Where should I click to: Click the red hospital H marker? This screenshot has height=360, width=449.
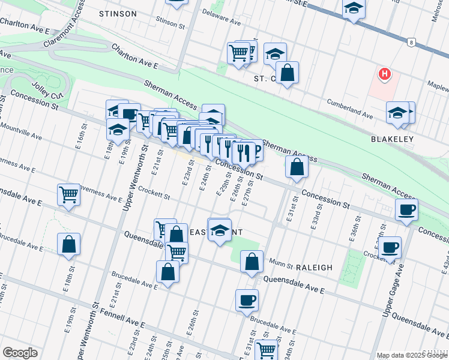384,74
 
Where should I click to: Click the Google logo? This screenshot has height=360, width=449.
20,353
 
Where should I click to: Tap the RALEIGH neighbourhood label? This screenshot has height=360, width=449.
313,267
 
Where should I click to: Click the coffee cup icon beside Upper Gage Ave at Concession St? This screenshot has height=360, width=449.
407,210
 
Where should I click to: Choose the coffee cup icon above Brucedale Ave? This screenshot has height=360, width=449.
247,299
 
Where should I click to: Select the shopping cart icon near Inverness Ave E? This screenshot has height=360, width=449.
69,194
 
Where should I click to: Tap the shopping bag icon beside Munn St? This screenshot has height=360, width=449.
252,261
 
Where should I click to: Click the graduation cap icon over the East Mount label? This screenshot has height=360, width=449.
220,230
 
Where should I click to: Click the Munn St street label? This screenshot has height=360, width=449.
280,263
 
